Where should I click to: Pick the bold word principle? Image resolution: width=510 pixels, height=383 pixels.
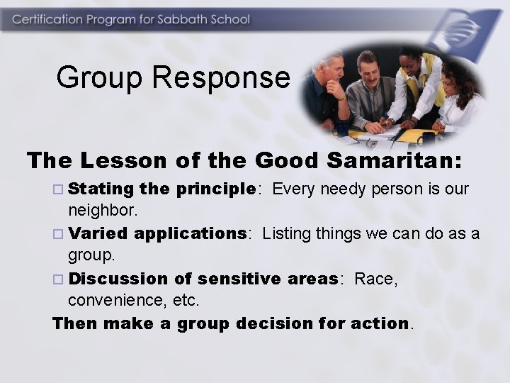[x=218, y=189]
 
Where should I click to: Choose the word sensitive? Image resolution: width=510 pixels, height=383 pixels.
[x=239, y=279]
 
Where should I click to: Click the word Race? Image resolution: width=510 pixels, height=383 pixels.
[x=375, y=279]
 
